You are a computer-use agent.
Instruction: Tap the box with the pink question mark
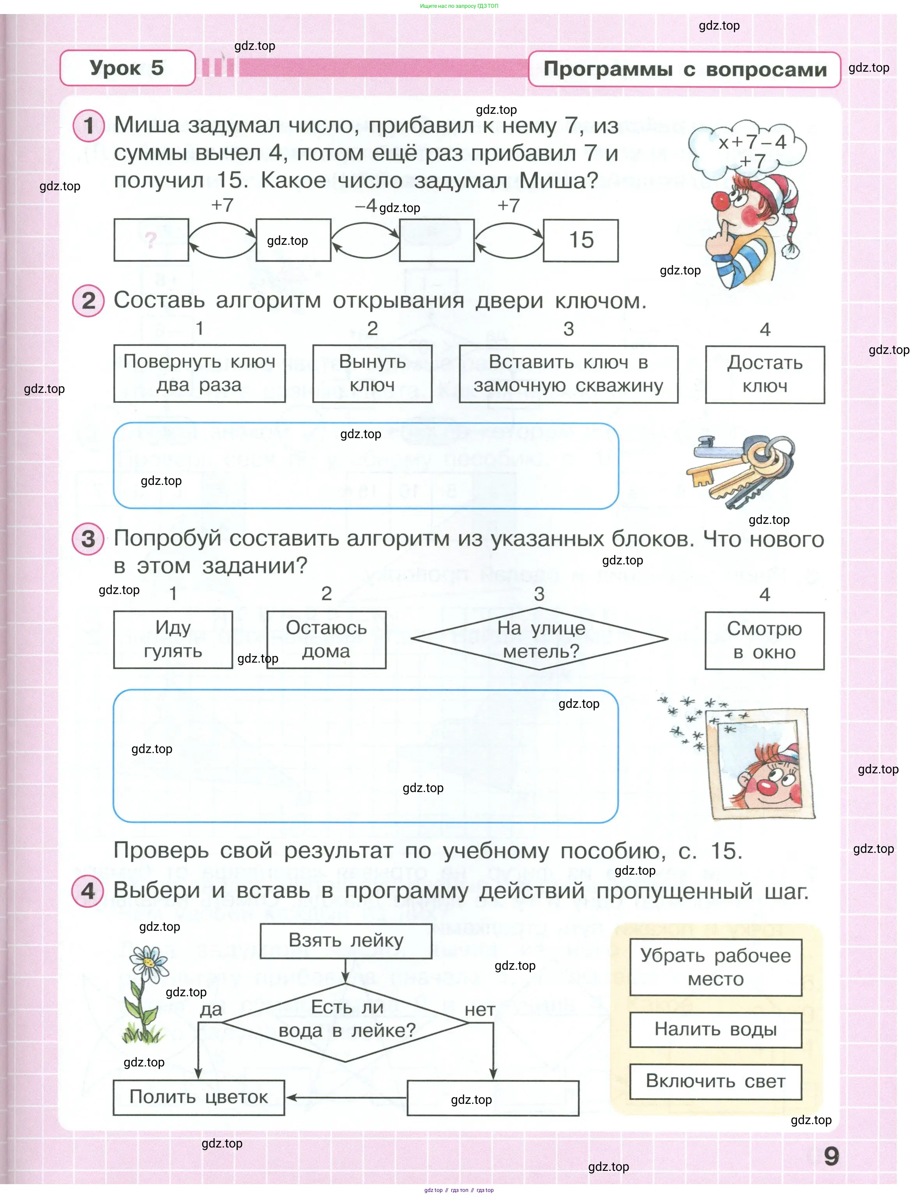click(152, 240)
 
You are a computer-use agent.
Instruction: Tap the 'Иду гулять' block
click(173, 640)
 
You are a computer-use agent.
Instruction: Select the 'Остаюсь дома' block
click(326, 640)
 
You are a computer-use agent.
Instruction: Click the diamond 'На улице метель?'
click(540, 639)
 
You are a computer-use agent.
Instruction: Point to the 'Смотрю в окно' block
click(765, 641)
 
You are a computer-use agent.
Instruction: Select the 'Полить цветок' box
click(198, 1098)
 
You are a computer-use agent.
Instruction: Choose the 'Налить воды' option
click(716, 1030)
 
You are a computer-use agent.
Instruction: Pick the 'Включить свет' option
click(716, 1082)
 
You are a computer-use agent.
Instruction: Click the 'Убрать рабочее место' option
click(716, 967)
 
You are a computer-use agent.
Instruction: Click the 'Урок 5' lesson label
click(127, 68)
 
